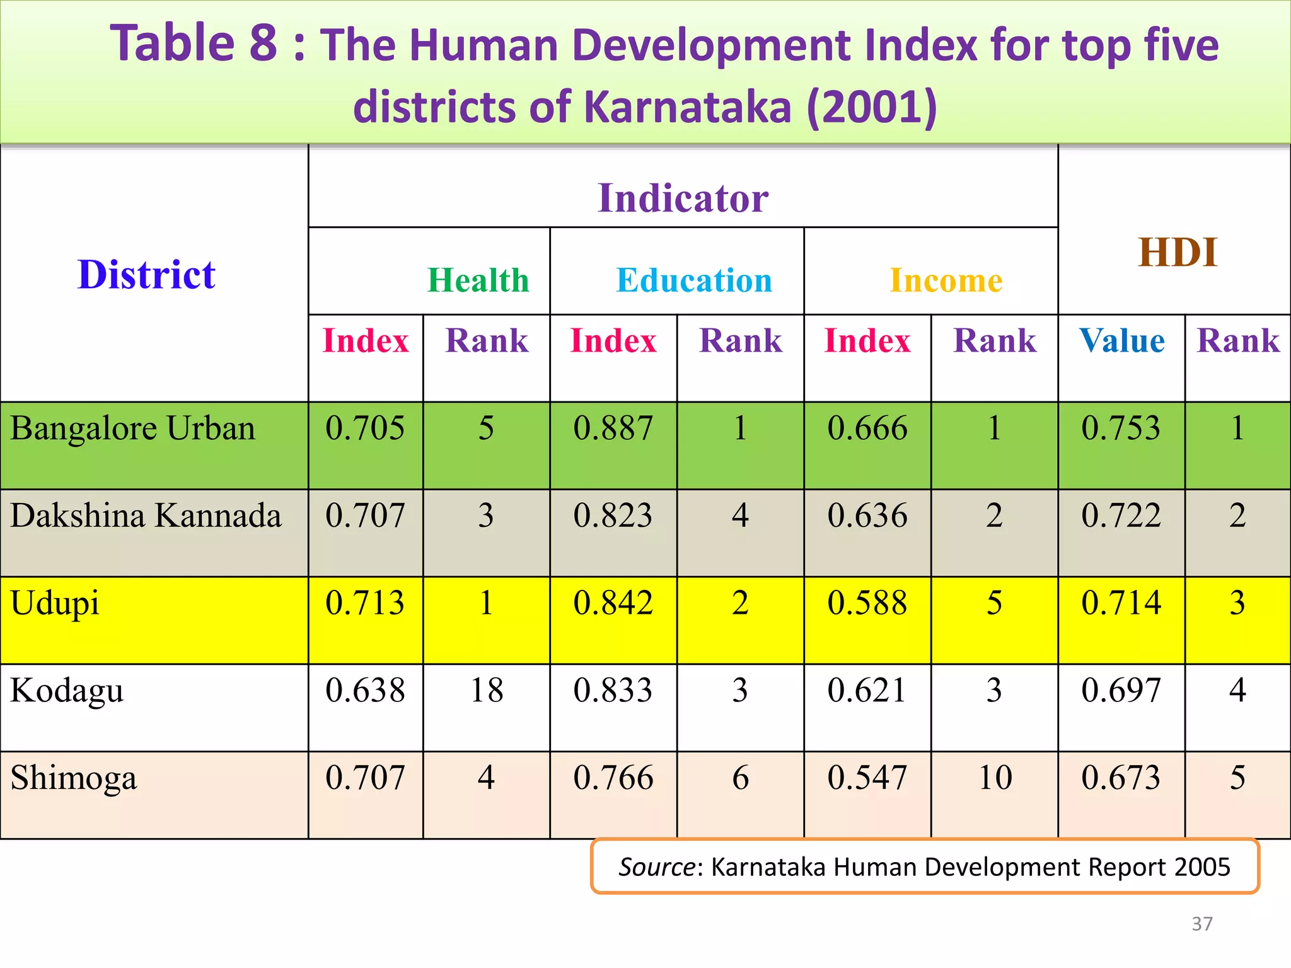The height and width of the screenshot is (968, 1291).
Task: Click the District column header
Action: (x=146, y=275)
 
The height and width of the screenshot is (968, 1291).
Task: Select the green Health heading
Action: (x=478, y=280)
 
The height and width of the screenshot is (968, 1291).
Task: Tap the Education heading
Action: (x=694, y=280)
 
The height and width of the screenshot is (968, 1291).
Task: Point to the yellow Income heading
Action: (x=946, y=280)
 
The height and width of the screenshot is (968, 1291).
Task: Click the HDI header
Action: (x=1177, y=253)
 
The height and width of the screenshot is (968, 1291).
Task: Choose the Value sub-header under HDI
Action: (x=1122, y=341)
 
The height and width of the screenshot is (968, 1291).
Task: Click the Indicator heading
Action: (x=683, y=199)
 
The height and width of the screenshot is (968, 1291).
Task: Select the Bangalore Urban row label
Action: (x=133, y=429)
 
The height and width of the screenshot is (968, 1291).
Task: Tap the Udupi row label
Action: (x=55, y=604)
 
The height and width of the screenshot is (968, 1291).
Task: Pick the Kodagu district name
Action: (x=67, y=691)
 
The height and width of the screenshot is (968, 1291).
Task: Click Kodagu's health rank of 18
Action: (x=487, y=690)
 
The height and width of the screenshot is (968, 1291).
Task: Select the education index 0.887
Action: (x=613, y=429)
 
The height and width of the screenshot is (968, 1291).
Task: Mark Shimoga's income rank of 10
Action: (x=995, y=778)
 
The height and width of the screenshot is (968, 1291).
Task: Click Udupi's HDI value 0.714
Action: (x=1121, y=603)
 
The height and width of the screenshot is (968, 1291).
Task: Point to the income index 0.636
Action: (x=867, y=516)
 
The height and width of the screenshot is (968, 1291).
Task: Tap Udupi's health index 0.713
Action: (x=365, y=603)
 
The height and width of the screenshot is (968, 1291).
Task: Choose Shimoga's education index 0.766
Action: (x=613, y=778)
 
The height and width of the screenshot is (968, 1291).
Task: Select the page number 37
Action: (x=1201, y=924)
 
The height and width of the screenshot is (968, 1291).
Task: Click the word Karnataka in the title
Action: (x=688, y=107)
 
